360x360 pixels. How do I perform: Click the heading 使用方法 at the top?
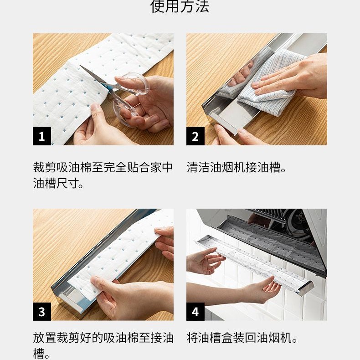point(180,6)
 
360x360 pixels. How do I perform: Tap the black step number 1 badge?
point(42,136)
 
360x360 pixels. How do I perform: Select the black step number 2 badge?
point(195,136)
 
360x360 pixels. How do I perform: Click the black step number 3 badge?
point(42,312)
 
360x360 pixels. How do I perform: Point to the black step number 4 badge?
point(195,312)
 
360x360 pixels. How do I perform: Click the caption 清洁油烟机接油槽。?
point(236,167)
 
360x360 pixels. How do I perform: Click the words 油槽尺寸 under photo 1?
point(56,183)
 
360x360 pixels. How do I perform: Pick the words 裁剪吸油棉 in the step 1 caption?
point(62,167)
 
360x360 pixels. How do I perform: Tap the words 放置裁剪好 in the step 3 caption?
point(62,338)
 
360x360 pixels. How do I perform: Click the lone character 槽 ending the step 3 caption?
point(39,354)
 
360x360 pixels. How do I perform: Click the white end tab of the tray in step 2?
point(225,123)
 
